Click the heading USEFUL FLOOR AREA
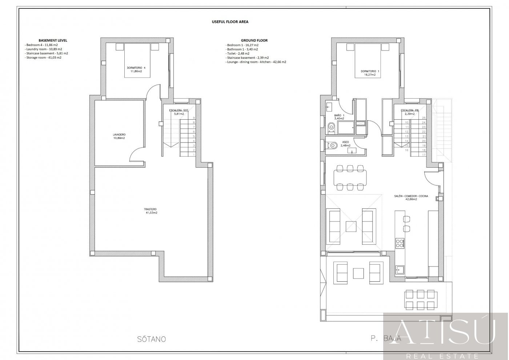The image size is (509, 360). point(230,22)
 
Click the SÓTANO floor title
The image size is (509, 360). point(152,339)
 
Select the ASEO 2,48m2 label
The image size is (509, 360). point(346,144)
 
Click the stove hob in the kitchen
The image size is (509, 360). point(400,243)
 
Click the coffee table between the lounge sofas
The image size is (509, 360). point(351,226)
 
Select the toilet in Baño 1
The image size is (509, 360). point(331,127)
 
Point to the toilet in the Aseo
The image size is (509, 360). point(332,145)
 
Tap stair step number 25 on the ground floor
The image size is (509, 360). point(424,118)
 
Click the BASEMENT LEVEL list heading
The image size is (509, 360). point(53,40)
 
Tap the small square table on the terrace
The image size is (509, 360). point(358,273)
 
